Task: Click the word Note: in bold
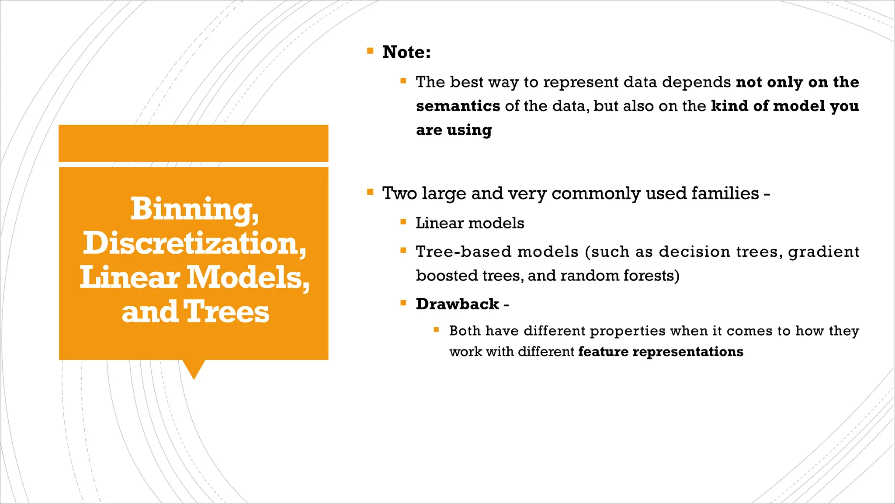[406, 52]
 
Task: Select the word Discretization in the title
[194, 243]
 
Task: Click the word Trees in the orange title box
[226, 312]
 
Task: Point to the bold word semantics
[458, 106]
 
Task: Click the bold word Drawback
[457, 304]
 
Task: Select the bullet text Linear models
[469, 223]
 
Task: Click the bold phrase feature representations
[660, 352]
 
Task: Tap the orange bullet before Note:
[370, 51]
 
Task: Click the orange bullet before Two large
[370, 192]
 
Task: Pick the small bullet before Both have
[436, 329]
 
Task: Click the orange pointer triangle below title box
[194, 368]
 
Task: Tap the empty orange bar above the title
[193, 143]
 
